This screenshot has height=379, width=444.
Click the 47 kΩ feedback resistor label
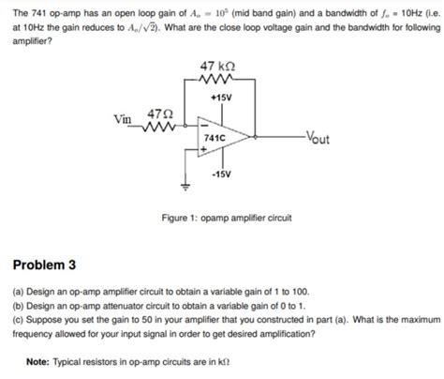(x=218, y=67)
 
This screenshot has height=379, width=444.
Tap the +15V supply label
(x=222, y=99)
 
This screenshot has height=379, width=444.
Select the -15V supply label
(x=223, y=174)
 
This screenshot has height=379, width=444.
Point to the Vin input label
(x=122, y=120)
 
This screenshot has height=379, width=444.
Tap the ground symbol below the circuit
(x=185, y=187)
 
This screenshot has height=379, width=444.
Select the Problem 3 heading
(x=46, y=264)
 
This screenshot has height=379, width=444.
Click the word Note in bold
(x=38, y=363)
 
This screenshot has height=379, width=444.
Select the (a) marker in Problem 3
(x=18, y=293)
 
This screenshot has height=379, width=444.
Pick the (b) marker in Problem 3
(x=18, y=306)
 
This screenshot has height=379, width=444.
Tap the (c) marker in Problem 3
(x=18, y=319)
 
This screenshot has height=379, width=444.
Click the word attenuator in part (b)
(x=132, y=306)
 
